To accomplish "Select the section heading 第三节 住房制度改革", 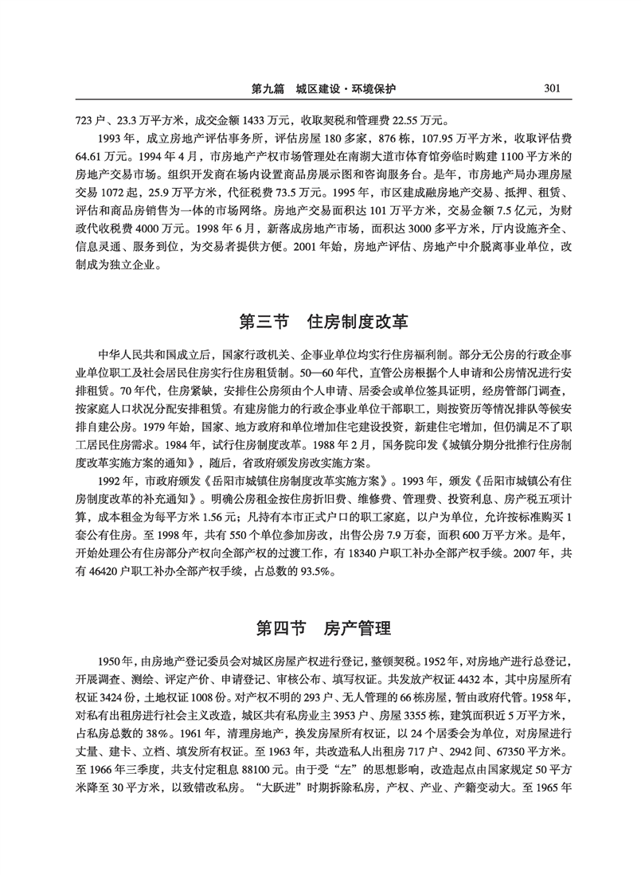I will click(322, 322).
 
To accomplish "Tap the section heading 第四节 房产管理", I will click(322, 628).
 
